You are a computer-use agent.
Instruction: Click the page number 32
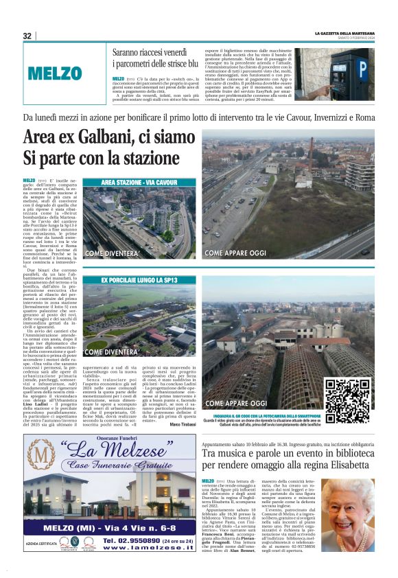click(x=27, y=36)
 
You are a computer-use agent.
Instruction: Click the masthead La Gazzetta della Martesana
click(x=344, y=34)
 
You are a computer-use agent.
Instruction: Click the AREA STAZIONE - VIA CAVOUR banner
click(x=138, y=183)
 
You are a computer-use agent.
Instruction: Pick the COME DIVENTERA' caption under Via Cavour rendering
click(x=113, y=253)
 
